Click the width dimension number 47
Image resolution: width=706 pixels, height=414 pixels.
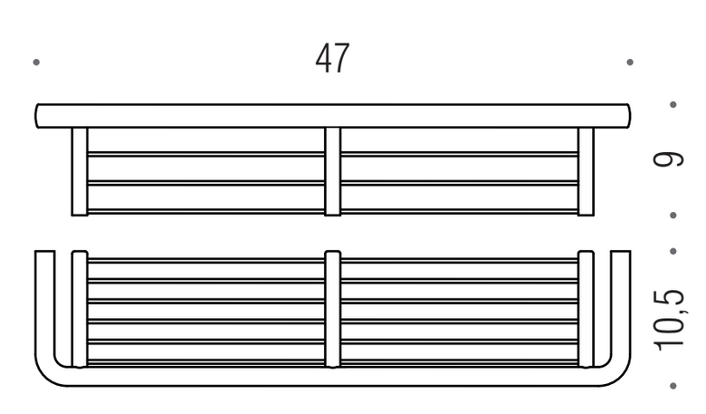pos(332,59)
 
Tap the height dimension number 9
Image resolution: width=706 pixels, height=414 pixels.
pos(669,159)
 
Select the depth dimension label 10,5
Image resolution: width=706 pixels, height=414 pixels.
pos(670,320)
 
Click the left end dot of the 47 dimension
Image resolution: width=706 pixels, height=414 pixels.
pos(36,62)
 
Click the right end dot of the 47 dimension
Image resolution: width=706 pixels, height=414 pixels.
pos(630,62)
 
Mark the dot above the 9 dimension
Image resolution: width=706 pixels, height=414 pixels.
pos(673,104)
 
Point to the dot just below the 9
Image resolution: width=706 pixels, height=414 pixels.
pos(673,216)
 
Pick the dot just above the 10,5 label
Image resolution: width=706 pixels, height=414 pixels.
pos(673,251)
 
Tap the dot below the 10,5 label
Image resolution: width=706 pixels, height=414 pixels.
pos(673,386)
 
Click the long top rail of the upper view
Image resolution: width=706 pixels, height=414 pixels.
pos(333,116)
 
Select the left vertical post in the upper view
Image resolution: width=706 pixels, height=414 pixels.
pos(80,171)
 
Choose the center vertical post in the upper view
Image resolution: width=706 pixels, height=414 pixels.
pos(333,171)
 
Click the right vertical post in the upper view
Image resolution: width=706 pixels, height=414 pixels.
pos(586,171)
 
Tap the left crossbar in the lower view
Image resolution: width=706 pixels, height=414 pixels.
pos(80,309)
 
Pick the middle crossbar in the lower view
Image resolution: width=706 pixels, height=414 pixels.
pos(333,309)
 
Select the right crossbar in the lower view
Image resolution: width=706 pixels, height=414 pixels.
pos(586,309)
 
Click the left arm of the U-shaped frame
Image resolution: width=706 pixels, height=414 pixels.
pos(45,306)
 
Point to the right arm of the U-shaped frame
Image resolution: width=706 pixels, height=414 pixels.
pos(621,306)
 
